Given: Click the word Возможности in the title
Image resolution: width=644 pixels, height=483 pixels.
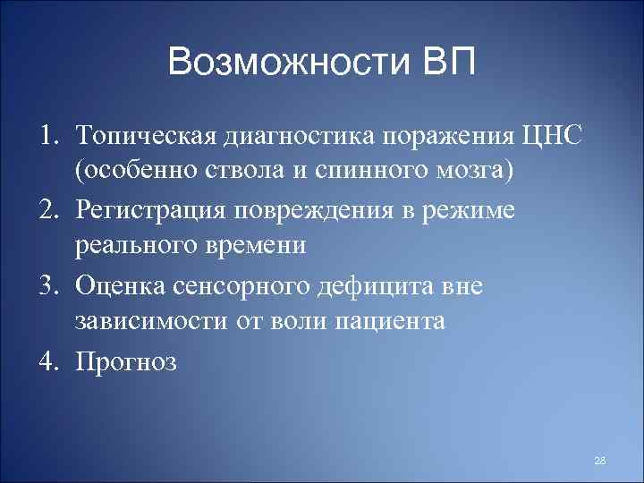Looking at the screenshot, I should point(285,64).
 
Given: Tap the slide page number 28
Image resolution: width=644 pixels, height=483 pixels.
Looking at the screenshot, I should point(599,460).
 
